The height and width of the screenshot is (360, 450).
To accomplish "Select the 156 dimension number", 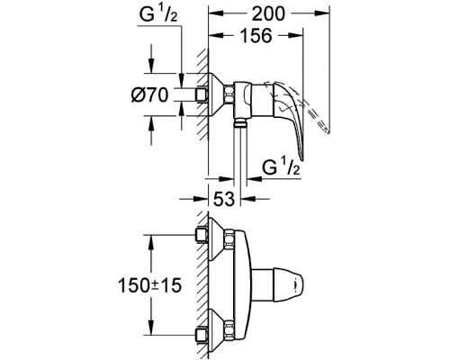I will click(x=259, y=37).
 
